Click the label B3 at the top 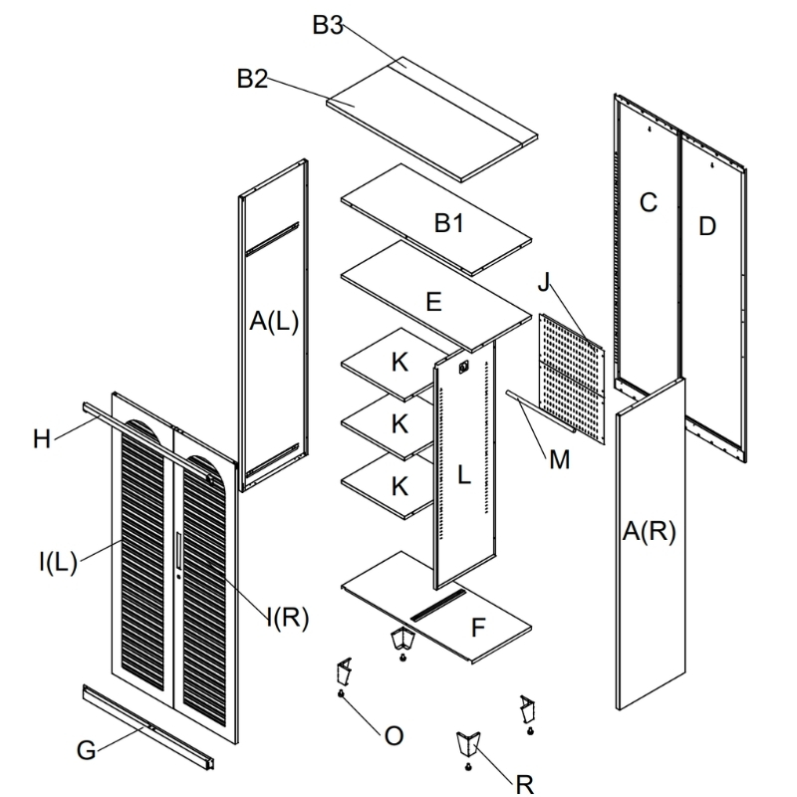328,25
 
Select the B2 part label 253,79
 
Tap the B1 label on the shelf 449,223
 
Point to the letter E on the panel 433,302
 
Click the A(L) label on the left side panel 274,321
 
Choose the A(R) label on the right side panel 650,532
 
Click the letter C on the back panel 649,202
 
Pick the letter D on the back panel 707,226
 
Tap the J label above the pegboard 544,281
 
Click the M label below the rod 560,459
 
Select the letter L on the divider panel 463,475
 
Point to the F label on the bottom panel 478,628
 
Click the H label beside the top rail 42,439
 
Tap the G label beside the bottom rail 86,750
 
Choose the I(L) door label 58,562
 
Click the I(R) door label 288,618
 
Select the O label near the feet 394,736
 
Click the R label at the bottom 525,784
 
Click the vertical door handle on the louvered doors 178,551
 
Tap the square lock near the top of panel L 463,367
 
